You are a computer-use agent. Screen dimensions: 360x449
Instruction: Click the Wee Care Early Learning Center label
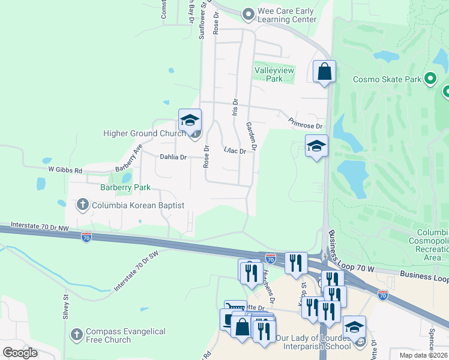click(x=287, y=15)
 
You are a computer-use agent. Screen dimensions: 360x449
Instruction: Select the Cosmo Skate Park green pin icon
click(x=430, y=79)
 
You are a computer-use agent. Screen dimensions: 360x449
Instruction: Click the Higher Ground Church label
click(x=144, y=133)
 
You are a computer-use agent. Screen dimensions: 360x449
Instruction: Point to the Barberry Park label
click(x=125, y=187)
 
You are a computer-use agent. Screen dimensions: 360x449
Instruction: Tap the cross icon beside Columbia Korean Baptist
click(x=83, y=205)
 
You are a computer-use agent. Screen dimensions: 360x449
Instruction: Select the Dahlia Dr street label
click(x=173, y=157)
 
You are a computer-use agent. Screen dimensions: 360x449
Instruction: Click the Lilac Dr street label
click(x=235, y=151)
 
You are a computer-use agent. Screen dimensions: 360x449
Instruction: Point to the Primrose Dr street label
click(x=306, y=123)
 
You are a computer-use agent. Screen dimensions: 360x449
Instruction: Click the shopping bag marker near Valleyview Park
click(x=324, y=72)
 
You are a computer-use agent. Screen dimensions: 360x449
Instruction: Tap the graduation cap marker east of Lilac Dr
click(x=316, y=146)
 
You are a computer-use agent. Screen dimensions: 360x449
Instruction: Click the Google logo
click(x=20, y=352)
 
